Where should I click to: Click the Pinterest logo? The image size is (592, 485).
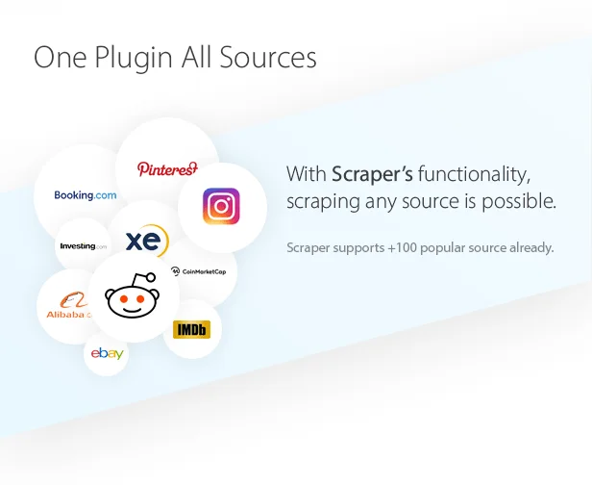[x=167, y=169]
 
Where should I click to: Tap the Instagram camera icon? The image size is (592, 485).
[x=222, y=206]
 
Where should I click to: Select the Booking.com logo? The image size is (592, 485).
[x=85, y=195]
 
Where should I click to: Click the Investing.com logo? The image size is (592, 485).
[x=83, y=246]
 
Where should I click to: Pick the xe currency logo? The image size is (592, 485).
[x=147, y=241]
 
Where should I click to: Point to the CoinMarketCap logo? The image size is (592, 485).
[x=199, y=271]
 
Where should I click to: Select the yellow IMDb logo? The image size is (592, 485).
[x=191, y=330]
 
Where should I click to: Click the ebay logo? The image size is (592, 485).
[x=107, y=354]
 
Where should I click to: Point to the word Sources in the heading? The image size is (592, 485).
[x=268, y=58]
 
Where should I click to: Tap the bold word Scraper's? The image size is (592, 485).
[x=372, y=174]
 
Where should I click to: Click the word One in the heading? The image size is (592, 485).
[x=59, y=58]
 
